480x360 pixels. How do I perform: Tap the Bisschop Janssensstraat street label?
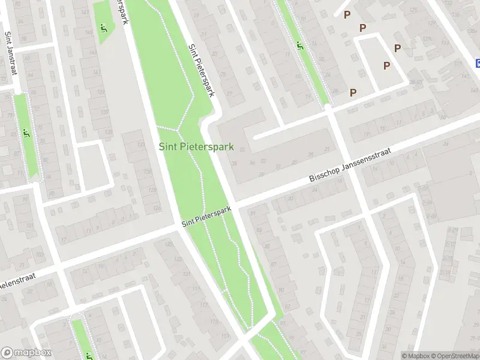click(350, 166)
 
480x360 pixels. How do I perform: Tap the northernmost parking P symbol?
click(347, 15)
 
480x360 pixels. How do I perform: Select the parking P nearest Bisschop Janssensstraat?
click(353, 92)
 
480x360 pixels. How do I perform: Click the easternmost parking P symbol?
click(397, 49)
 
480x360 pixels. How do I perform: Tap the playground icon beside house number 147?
click(104, 27)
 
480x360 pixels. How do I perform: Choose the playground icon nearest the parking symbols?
click(299, 44)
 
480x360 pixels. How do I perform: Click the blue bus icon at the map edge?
click(478, 63)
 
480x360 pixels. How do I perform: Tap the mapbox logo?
click(26, 353)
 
